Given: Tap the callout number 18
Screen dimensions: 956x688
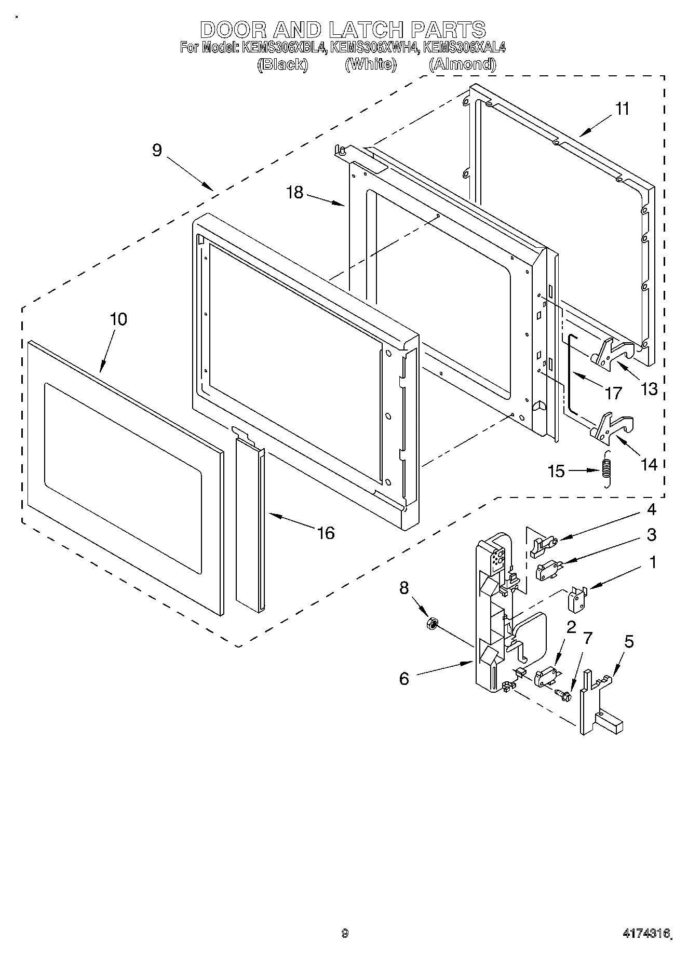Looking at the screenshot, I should [294, 193].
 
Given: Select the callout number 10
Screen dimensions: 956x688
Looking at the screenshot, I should [118, 319].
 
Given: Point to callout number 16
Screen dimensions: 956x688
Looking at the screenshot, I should [326, 532].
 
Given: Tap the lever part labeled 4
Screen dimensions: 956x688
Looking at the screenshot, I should [542, 545].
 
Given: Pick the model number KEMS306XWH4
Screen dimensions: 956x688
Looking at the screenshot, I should [375, 48].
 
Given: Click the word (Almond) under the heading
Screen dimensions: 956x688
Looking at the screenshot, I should [462, 64].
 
